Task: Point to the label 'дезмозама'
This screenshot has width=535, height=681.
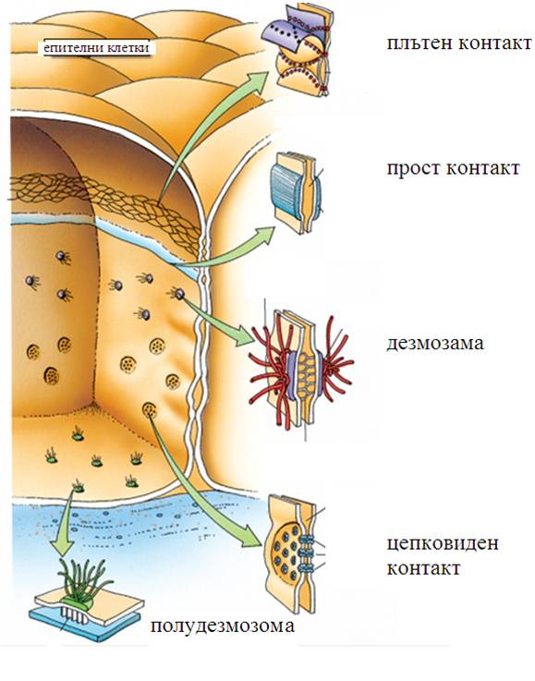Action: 434,343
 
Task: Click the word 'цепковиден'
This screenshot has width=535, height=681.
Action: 443,543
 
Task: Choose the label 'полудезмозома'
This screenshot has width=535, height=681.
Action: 223,626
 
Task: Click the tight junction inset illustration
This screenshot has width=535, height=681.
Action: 299,50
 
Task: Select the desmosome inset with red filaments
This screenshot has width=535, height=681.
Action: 301,370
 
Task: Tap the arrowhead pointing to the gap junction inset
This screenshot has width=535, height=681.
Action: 253,536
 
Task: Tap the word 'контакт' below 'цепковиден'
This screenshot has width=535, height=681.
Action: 423,568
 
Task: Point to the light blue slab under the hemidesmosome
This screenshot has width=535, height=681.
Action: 87,624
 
